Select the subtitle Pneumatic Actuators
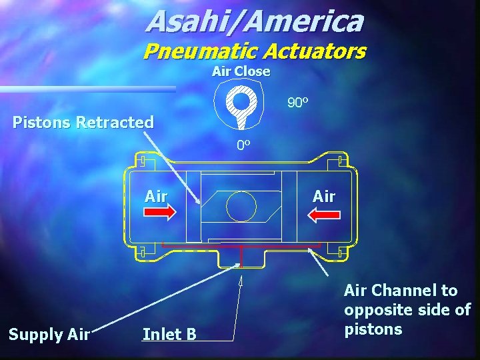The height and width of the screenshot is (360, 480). [255, 51]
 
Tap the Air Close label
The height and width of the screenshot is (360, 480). [241, 71]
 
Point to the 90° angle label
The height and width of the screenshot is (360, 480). [297, 103]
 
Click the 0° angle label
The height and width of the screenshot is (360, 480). [243, 145]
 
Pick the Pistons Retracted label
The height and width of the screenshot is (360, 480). [84, 123]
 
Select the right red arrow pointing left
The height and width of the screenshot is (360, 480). [323, 213]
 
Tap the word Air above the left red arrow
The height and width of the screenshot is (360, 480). [157, 196]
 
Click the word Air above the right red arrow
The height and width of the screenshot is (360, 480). [324, 196]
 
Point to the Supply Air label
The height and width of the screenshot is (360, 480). [49, 334]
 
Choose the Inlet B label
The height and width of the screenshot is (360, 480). [169, 334]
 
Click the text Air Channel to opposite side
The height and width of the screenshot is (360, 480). [407, 309]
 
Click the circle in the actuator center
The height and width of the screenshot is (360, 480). [241, 206]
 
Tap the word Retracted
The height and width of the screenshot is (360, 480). [115, 123]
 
